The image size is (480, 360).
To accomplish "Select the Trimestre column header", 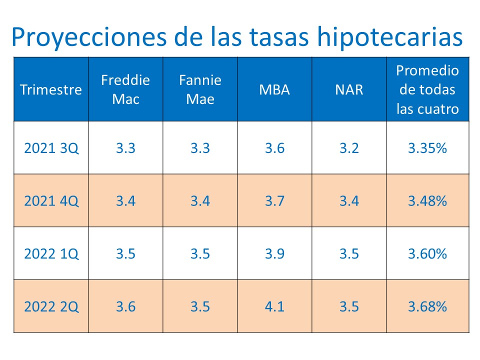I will (x=51, y=90).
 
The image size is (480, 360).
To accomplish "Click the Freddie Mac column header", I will (x=125, y=89).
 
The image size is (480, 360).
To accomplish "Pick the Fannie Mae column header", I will (x=200, y=89).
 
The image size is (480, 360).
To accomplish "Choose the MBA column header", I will (x=274, y=90).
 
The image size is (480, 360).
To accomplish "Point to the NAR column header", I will (x=349, y=90).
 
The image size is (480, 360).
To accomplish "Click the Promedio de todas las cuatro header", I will (x=427, y=89).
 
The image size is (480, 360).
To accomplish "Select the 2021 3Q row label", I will (x=51, y=148).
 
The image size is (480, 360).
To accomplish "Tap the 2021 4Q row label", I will (x=51, y=201).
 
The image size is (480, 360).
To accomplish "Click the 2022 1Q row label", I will (x=51, y=254).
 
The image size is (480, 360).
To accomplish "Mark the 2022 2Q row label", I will (x=51, y=306).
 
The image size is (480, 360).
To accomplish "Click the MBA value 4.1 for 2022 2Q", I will (x=274, y=306).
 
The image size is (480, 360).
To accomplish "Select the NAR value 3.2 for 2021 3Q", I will (x=349, y=148).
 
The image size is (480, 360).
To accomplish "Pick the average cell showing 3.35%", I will (x=427, y=148).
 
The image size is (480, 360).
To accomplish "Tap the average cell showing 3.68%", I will (x=427, y=306).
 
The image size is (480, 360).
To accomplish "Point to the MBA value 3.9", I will (x=274, y=254).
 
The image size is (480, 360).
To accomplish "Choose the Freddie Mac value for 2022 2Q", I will (x=125, y=306).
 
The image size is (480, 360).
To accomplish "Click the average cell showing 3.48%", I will (x=427, y=201).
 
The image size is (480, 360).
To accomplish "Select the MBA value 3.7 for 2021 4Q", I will (x=274, y=201).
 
